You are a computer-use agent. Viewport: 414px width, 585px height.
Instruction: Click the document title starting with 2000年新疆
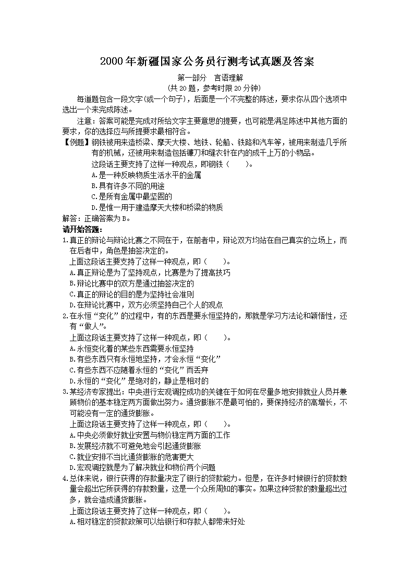pos(207,63)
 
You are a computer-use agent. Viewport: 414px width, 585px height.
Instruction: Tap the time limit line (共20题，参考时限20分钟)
pos(207,88)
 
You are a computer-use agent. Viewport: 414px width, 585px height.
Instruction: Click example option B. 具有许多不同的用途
pos(127,186)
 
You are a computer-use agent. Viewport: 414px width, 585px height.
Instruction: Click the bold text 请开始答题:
pos(82,229)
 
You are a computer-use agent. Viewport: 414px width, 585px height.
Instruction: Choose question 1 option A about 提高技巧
pos(150,272)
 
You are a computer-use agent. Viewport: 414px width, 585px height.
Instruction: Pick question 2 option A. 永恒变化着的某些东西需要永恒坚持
pos(131,348)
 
